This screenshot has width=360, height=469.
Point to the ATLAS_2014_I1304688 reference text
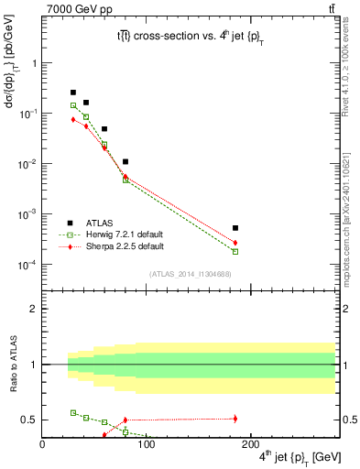click(190, 274)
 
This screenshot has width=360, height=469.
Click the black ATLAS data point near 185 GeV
click(235, 228)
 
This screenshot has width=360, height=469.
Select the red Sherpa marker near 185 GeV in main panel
click(235, 243)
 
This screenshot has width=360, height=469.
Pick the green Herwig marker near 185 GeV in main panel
click(235, 251)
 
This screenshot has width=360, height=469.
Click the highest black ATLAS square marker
click(73, 93)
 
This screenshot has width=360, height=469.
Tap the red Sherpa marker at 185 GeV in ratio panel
click(235, 419)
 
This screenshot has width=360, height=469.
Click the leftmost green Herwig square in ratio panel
click(73, 412)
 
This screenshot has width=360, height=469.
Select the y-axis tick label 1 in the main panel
click(34, 63)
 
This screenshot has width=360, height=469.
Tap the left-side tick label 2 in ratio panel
click(34, 309)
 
